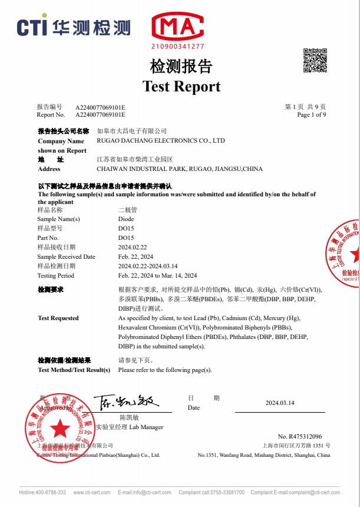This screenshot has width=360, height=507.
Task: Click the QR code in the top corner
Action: pyautogui.click(x=315, y=60)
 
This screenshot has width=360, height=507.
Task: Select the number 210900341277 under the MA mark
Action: pyautogui.click(x=177, y=46)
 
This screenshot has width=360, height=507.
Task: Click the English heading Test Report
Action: pyautogui.click(x=181, y=86)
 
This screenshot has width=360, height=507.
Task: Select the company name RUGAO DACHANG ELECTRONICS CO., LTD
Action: pyautogui.click(x=160, y=141)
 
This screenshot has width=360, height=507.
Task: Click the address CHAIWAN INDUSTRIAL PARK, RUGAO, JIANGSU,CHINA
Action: pyautogui.click(x=179, y=169)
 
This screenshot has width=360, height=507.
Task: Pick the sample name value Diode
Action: pyautogui.click(x=126, y=219)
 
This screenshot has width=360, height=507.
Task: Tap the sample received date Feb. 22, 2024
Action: pyautogui.click(x=136, y=257)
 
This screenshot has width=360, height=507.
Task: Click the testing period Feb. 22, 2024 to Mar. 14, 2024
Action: pyautogui.click(x=157, y=276)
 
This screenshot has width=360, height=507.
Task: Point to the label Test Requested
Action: pyautogui.click(x=58, y=318)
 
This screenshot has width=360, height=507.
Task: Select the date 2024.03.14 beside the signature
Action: pyautogui.click(x=280, y=403)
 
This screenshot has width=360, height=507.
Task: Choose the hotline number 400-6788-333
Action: pyautogui.click(x=52, y=492)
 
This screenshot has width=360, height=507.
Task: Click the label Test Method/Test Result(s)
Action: pyautogui.click(x=74, y=370)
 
